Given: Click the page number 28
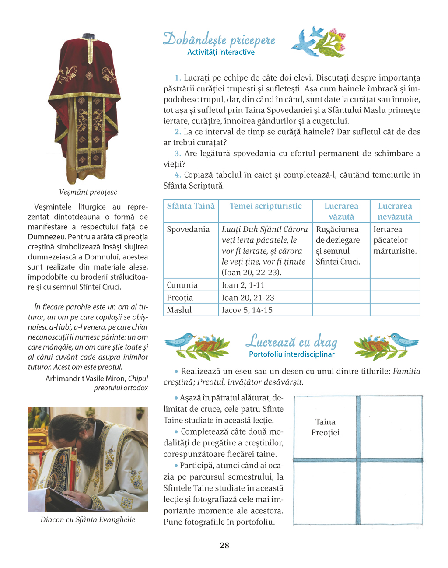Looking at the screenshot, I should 224,545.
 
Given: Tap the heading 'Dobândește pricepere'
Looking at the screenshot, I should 219,39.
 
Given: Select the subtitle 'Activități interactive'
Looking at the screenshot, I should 220,52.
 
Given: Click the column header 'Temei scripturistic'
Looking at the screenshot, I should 266,206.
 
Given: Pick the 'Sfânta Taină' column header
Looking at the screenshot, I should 191,206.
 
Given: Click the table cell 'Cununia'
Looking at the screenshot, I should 182,285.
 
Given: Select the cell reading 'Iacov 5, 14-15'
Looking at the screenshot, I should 247,310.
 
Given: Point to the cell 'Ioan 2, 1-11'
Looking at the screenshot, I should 243,285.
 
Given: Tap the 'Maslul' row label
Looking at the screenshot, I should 179,310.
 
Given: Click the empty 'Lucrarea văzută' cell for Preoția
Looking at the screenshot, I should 341,298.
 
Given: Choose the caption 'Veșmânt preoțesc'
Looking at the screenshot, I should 88,192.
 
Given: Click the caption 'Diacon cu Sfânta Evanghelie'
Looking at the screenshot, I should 88,519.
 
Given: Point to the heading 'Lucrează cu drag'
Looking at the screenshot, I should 291,341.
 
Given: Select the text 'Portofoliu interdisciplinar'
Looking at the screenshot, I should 291,354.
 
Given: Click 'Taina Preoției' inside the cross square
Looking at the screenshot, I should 325,427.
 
